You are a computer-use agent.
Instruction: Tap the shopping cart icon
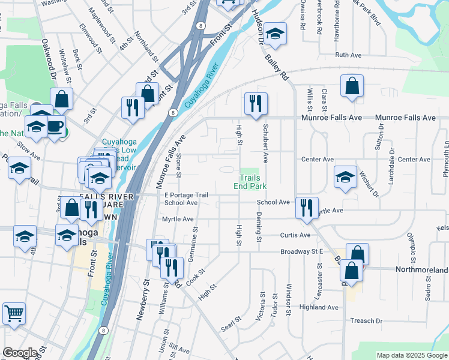coord(14,313)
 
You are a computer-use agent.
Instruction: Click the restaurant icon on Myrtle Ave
coord(307,208)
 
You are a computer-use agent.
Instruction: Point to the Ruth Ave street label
coord(348,55)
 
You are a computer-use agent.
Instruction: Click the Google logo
coord(20,353)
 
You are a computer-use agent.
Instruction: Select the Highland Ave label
coord(318,307)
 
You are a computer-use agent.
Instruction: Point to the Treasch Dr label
coord(363,321)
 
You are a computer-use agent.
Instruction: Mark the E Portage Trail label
coord(186,195)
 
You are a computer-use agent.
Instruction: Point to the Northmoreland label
coord(421,270)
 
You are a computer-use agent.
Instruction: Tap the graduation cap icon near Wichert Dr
coord(345,178)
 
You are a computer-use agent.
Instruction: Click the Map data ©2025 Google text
coord(412,355)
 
